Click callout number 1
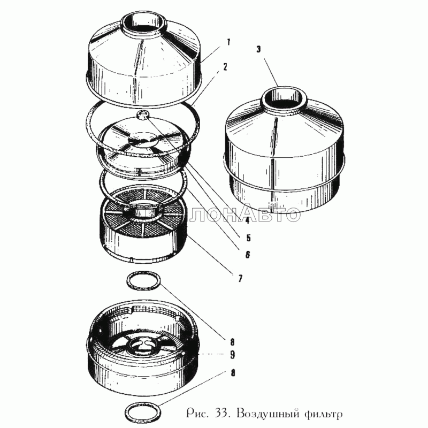tap(228, 42)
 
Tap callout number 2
tap(225, 67)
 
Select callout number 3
tap(258, 50)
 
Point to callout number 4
tap(247, 220)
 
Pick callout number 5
tap(248, 238)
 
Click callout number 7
tap(240, 278)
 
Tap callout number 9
tap(232, 355)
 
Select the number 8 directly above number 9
tap(232, 342)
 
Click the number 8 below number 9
tap(233, 373)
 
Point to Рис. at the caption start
tap(198, 414)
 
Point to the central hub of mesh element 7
tap(143, 208)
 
